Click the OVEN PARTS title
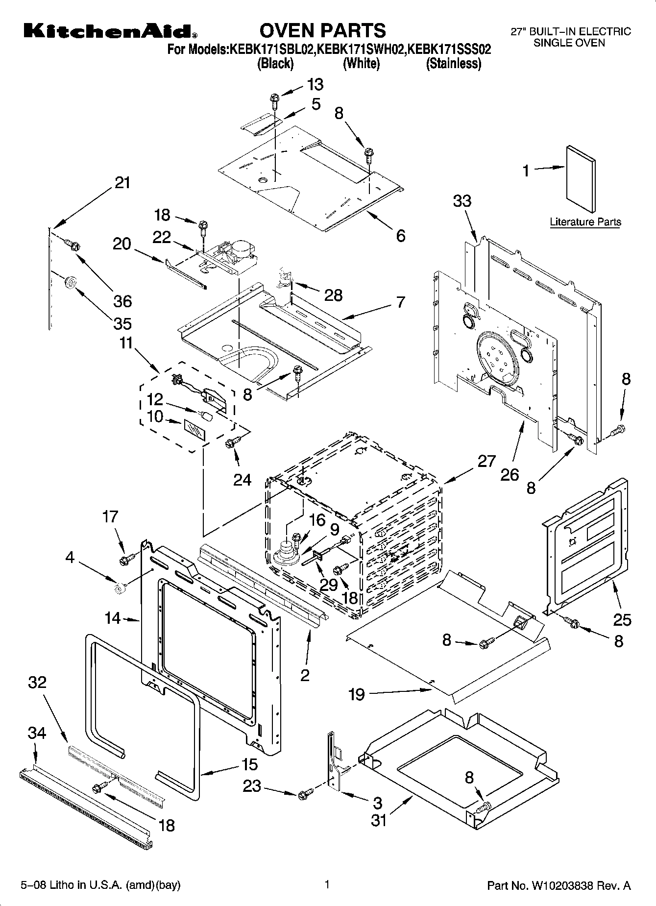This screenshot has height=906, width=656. click(x=322, y=30)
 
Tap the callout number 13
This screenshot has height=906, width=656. click(x=316, y=85)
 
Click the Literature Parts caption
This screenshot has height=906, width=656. click(x=585, y=222)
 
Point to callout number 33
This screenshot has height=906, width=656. click(x=462, y=201)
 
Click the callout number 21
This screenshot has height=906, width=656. click(x=122, y=183)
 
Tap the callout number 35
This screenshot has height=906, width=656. click(x=122, y=323)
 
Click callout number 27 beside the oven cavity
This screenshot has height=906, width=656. click(x=486, y=461)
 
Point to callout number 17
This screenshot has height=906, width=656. click(x=110, y=516)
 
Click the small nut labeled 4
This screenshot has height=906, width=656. click(x=118, y=587)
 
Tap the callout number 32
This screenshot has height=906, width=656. click(x=37, y=682)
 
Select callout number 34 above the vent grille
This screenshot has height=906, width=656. click(x=37, y=733)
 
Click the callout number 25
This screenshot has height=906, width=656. click(x=622, y=620)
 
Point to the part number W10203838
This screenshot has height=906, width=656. click(x=561, y=886)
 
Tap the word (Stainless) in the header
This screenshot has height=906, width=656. click(x=454, y=64)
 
